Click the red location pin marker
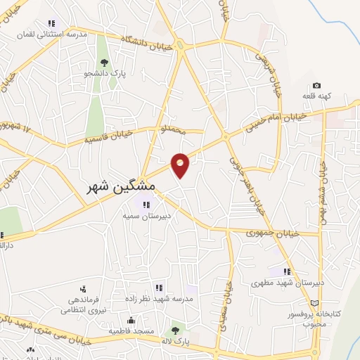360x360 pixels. coord(181,165)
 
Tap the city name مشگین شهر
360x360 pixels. coord(122,187)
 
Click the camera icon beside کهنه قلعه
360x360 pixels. coord(316,85)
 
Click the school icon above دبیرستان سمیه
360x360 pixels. coord(146,205)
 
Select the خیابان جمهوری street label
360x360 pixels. coord(275,233)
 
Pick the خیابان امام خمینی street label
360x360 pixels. coord(276,120)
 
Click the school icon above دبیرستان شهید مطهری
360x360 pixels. coord(287,271)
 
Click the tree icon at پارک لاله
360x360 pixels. coord(174,330)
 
